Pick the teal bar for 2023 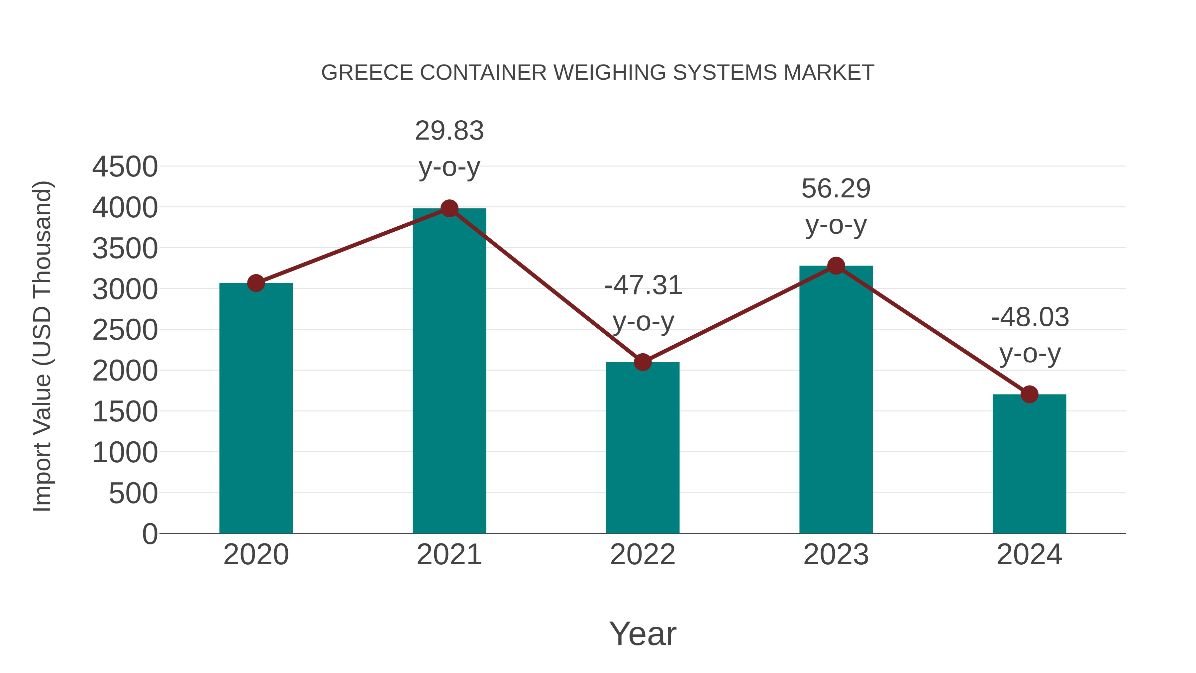click(836, 399)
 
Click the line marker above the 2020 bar click(256, 283)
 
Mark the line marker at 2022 click(643, 362)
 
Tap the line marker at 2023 click(836, 266)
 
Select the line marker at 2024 click(1029, 394)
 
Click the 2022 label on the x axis click(643, 555)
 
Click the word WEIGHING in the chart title click(610, 72)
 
